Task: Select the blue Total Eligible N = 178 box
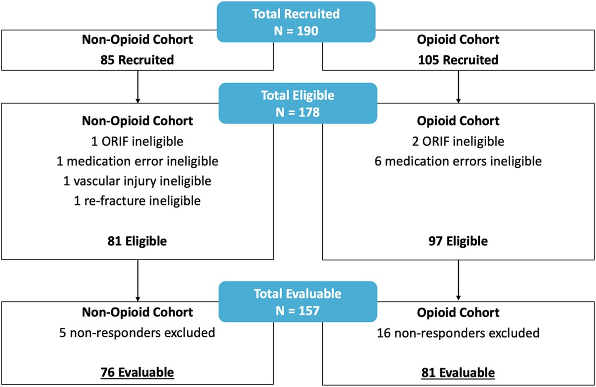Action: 298,103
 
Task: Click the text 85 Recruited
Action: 137,60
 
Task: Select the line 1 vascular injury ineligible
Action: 137,181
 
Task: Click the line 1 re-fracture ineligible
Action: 137,201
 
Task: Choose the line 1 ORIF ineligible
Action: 137,141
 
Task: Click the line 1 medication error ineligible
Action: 137,161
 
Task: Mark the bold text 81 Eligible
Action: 137,242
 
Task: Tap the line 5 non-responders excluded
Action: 137,332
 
